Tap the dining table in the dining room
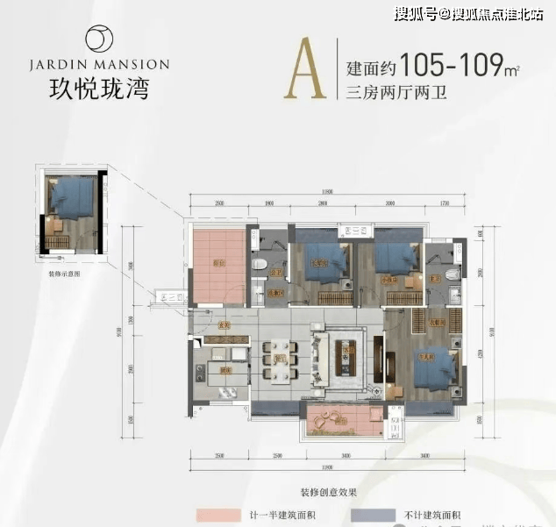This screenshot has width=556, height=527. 281,359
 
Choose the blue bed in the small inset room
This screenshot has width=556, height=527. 70,196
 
